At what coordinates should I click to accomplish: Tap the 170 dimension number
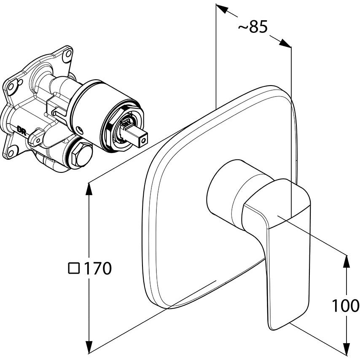coord(98,268)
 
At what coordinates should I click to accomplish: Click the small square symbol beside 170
coord(74,268)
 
